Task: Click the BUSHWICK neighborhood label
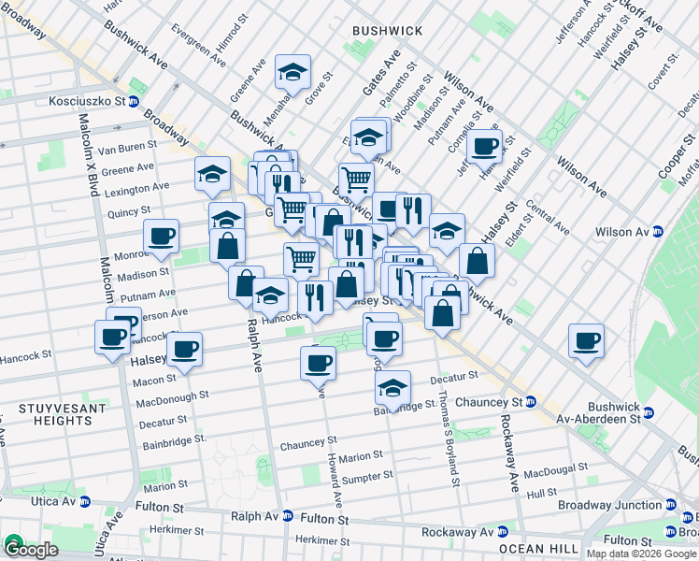(x=387, y=31)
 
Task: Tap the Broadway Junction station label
(x=609, y=505)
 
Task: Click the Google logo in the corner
(x=30, y=549)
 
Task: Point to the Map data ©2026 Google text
(x=641, y=554)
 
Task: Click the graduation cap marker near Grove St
(x=292, y=71)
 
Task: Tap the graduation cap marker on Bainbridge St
(x=392, y=387)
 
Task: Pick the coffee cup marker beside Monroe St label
(x=161, y=237)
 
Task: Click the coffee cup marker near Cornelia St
(x=484, y=146)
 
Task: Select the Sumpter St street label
(x=366, y=477)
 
